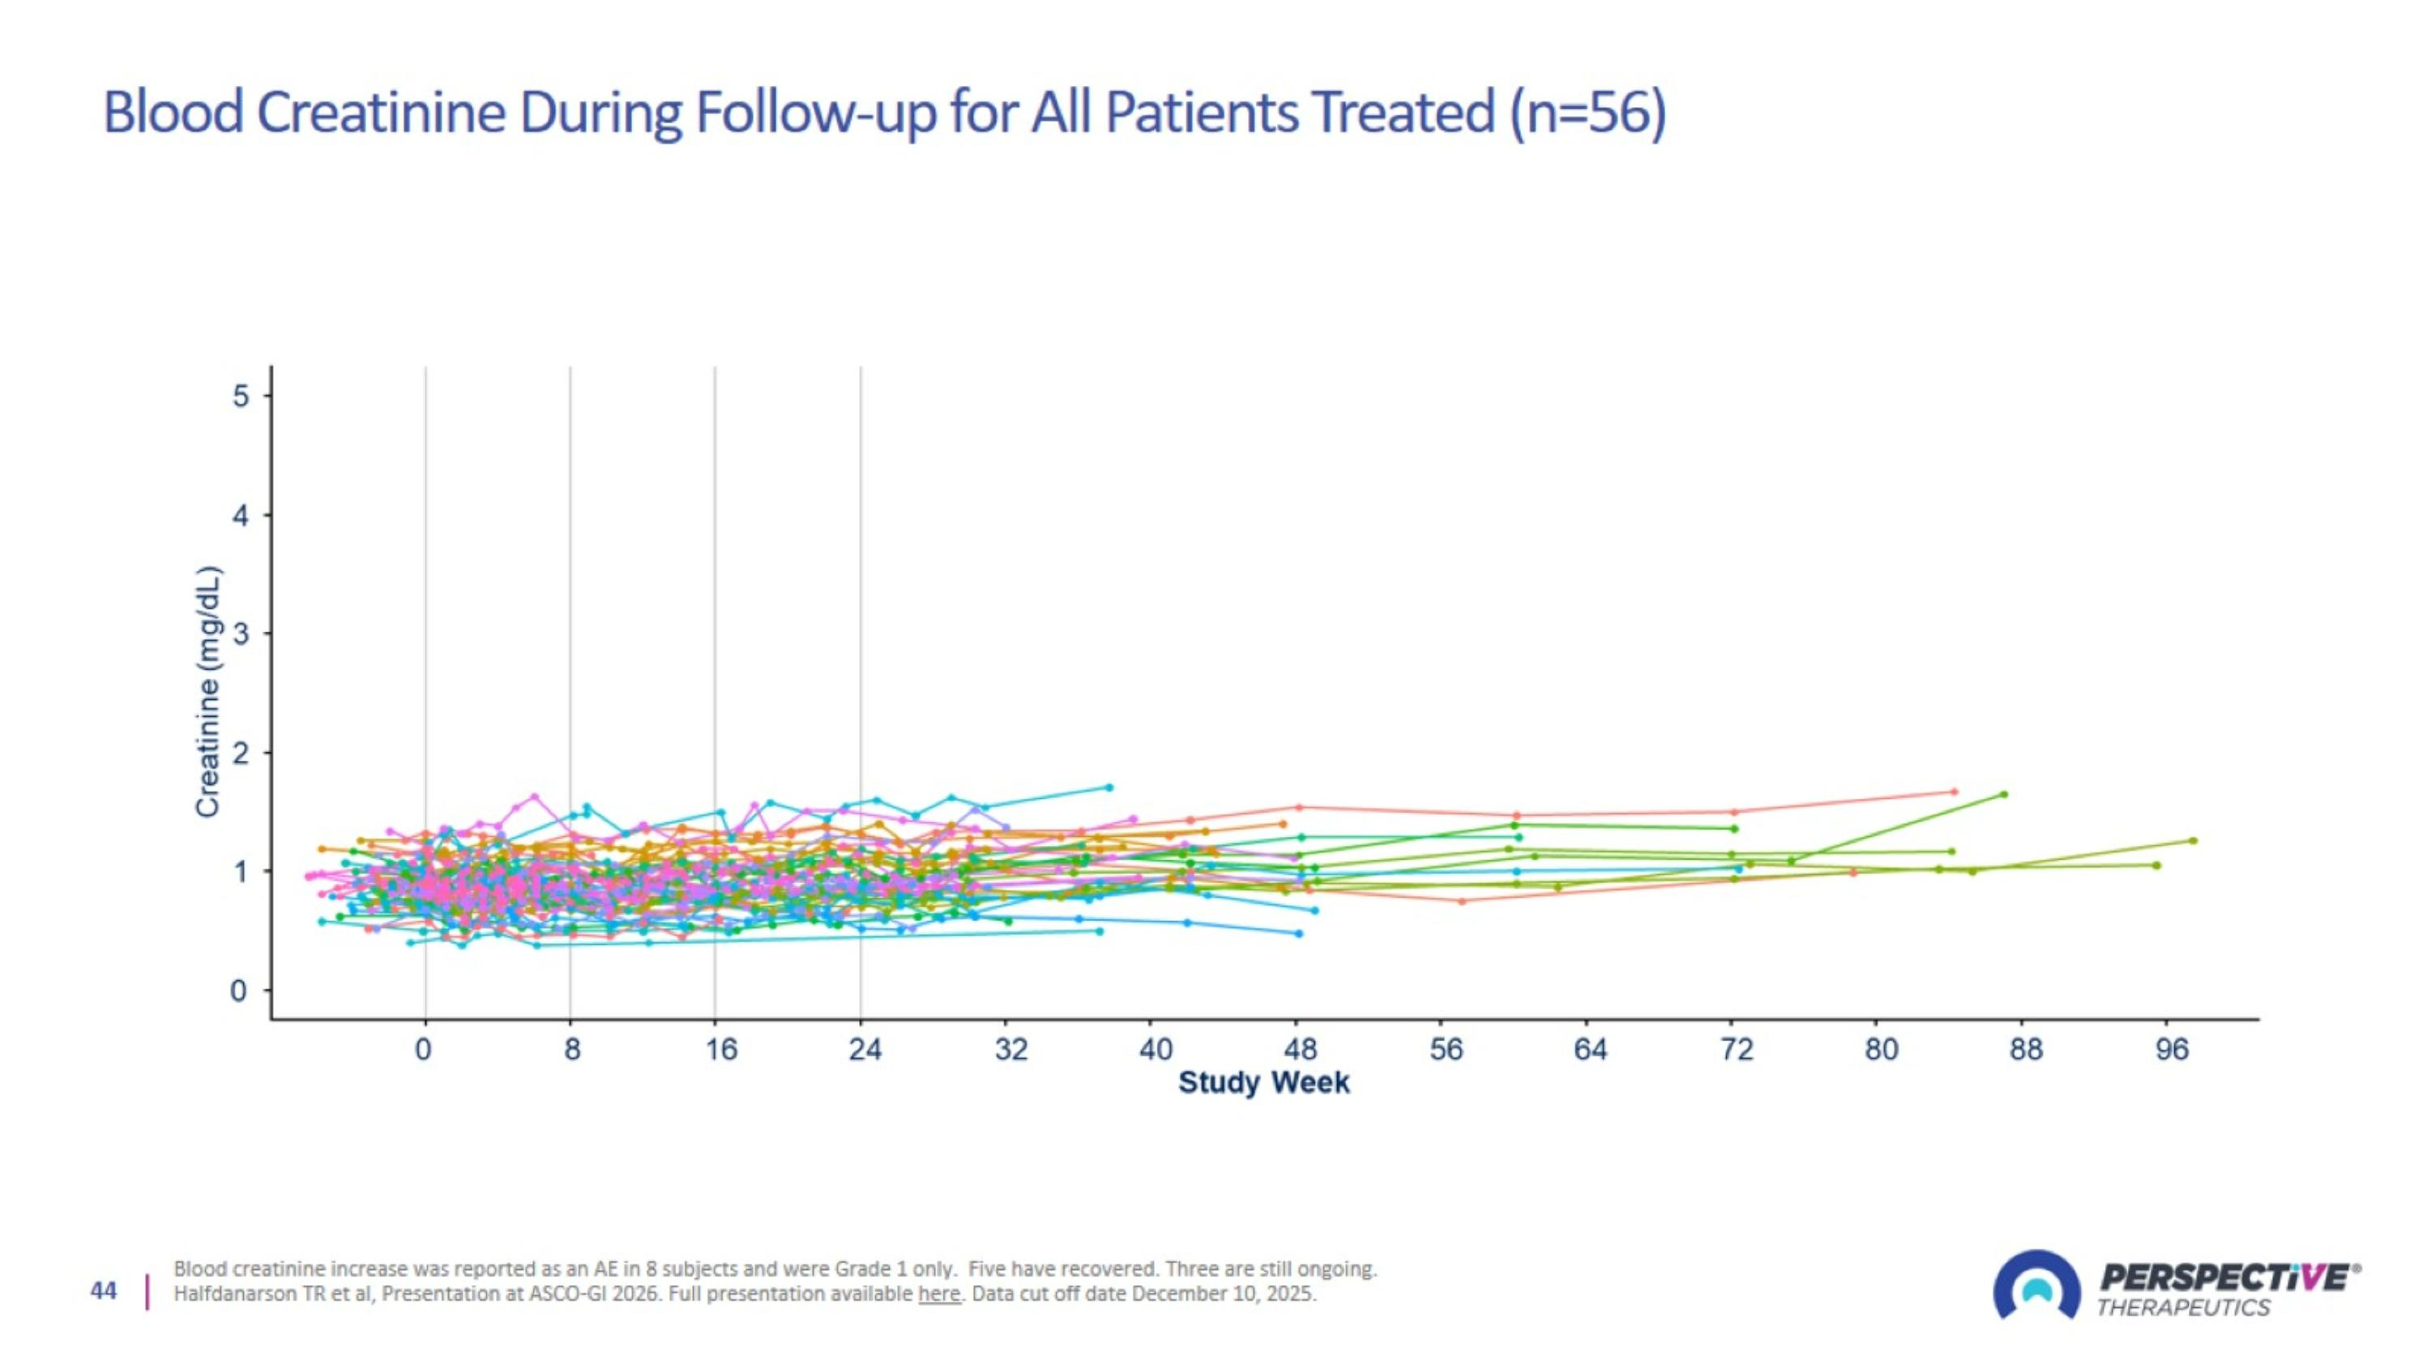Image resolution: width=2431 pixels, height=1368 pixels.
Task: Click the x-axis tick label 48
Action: click(x=1300, y=1050)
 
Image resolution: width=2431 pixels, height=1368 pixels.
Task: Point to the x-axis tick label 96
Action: click(x=2172, y=1050)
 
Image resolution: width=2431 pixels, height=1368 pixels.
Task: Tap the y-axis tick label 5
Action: click(x=241, y=396)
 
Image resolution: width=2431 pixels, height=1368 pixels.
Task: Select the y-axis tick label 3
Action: click(x=241, y=633)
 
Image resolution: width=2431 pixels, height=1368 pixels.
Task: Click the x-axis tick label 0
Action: click(x=424, y=1050)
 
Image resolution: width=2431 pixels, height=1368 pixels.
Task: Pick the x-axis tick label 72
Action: click(x=1736, y=1050)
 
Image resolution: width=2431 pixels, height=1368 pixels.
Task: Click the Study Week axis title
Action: click(x=1263, y=1082)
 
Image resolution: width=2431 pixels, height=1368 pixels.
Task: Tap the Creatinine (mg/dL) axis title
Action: click(x=207, y=691)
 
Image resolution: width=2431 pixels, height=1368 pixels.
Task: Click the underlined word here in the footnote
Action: click(x=938, y=1293)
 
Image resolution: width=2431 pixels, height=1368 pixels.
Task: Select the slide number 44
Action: click(x=104, y=1291)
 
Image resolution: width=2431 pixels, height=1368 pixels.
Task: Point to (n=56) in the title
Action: click(x=1588, y=113)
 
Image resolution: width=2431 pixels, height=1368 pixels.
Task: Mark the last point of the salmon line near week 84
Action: click(x=1955, y=791)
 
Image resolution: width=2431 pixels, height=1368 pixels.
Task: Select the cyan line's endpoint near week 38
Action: click(x=1110, y=787)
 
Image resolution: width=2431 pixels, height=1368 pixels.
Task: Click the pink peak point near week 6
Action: click(x=535, y=795)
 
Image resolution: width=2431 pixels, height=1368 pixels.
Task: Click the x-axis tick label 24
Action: click(x=865, y=1050)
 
